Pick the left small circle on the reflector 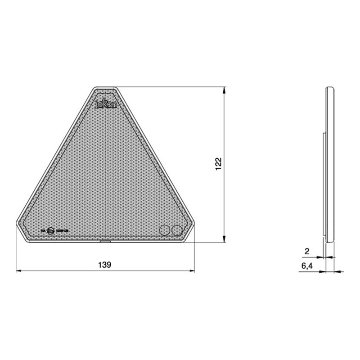(165, 230)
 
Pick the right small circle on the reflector (177, 230)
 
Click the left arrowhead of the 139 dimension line (18, 271)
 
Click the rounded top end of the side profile (331, 89)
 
